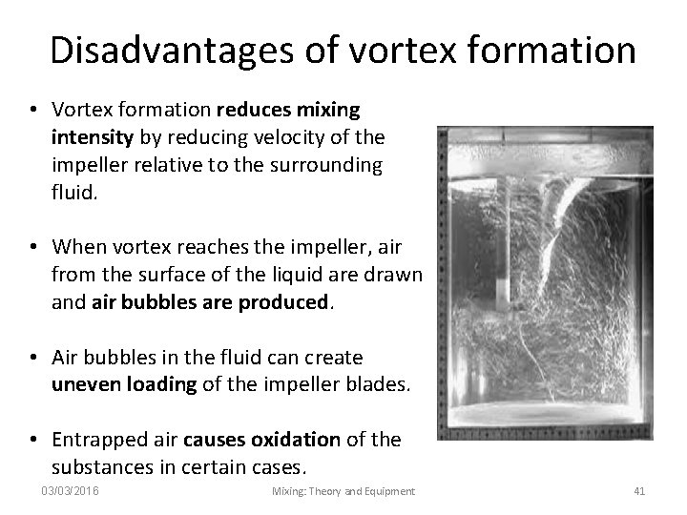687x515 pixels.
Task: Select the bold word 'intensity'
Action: pyautogui.click(x=88, y=139)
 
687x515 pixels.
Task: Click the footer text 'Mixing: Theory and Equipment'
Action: pyautogui.click(x=343, y=491)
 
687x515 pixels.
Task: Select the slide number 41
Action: pyautogui.click(x=639, y=491)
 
